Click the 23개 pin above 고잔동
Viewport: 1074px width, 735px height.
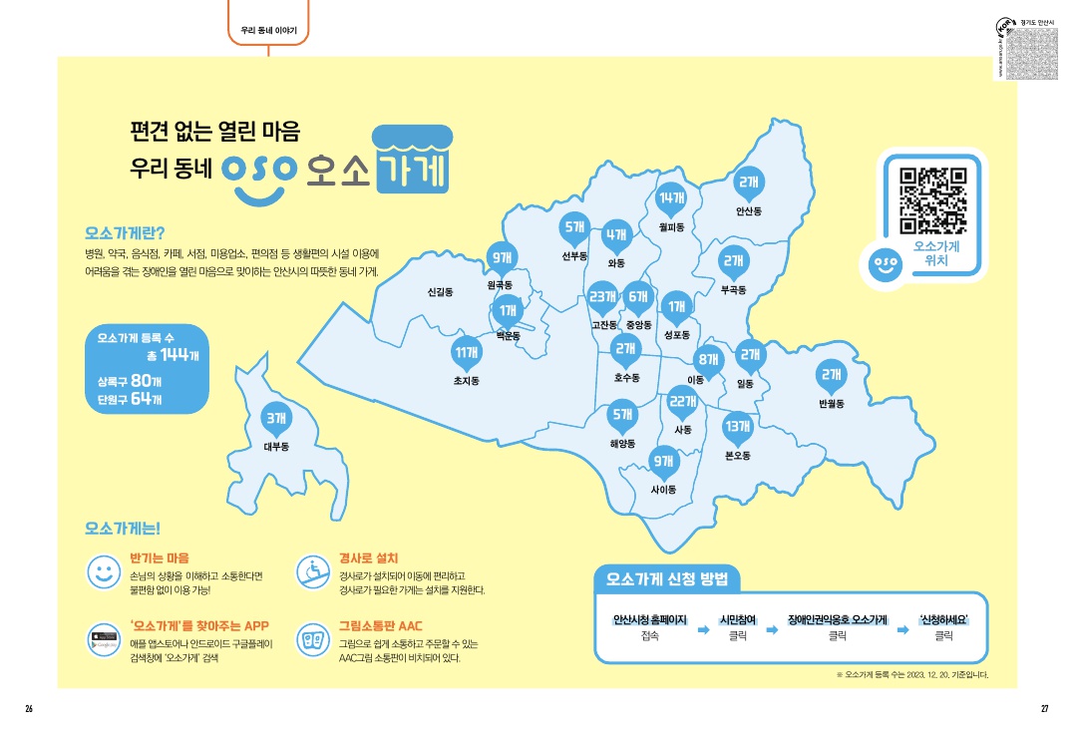pos(603,297)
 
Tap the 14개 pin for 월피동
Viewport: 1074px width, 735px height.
pos(672,198)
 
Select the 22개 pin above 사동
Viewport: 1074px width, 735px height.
pos(682,402)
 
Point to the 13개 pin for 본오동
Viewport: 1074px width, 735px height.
pos(737,427)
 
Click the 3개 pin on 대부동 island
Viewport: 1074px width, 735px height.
pos(275,419)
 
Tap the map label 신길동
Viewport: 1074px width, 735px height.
pos(440,292)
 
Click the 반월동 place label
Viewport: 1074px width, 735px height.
pos(831,404)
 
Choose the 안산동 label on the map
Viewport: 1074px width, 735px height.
pos(749,211)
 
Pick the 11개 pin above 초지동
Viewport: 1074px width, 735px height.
pos(466,352)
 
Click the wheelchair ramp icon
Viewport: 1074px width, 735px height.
pos(312,571)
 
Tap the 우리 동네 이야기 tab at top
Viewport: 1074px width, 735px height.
pos(269,31)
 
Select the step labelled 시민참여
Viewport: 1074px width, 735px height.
pos(741,619)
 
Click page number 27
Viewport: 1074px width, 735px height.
pos(1044,708)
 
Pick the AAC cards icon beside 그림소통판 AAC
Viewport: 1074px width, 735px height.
pos(312,639)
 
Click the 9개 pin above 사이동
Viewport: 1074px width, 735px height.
pos(662,461)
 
